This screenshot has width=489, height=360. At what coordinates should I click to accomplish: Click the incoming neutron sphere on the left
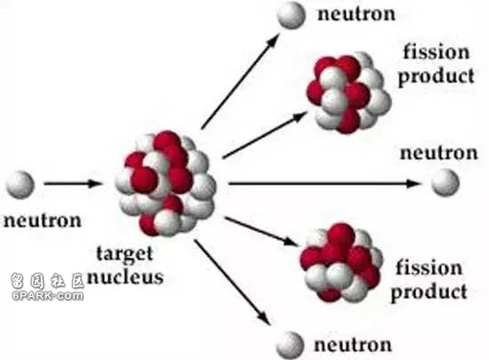click(x=20, y=185)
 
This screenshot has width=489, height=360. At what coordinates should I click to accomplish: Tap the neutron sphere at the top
click(x=291, y=15)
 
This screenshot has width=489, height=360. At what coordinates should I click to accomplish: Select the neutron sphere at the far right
click(x=445, y=182)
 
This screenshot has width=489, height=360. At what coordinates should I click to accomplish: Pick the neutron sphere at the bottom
click(x=290, y=346)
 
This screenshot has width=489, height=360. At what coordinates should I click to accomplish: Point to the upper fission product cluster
click(x=349, y=92)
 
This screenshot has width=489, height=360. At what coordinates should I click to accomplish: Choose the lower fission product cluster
click(x=341, y=262)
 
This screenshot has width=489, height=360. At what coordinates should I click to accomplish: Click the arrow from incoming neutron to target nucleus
click(x=73, y=183)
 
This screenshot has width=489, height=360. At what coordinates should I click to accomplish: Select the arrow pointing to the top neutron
click(x=240, y=81)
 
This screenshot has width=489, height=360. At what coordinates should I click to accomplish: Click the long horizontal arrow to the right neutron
click(x=325, y=184)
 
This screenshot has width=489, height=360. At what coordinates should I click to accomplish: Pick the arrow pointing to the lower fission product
click(x=261, y=232)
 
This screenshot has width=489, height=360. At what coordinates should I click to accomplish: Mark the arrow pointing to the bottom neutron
click(x=233, y=283)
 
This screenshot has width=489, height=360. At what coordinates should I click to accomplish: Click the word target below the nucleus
click(x=124, y=253)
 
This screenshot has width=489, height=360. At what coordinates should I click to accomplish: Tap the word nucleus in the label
click(x=125, y=276)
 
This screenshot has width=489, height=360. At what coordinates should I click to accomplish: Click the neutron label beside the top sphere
click(x=357, y=14)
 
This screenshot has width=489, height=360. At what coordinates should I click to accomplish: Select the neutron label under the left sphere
click(x=43, y=220)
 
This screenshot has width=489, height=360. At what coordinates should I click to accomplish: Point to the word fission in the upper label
click(x=437, y=52)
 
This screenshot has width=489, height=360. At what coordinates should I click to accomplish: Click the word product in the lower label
click(x=429, y=292)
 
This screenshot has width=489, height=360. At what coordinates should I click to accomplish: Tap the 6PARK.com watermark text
click(x=48, y=295)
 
